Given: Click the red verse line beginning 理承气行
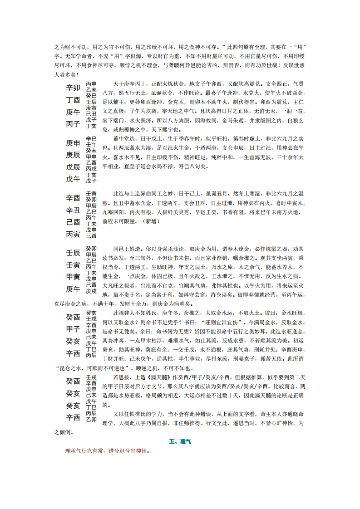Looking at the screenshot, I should point(108,451).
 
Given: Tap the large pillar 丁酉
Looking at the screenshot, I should point(73,100).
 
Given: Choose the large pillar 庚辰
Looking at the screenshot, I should point(73,155).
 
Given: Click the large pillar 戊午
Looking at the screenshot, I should point(73,179).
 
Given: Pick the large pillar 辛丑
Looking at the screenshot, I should point(73,210).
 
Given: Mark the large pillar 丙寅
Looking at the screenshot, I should point(73,234).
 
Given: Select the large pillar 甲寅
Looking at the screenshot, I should point(73,277).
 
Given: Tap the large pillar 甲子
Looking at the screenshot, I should point(73,328).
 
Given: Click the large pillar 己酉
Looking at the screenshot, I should point(73,222).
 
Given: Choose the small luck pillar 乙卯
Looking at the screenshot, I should point(91,420).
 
